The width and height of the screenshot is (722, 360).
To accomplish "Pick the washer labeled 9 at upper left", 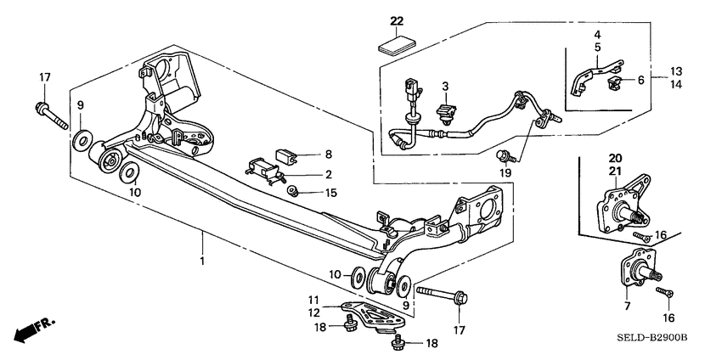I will [81, 138].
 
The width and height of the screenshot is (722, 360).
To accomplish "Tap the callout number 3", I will [443, 86].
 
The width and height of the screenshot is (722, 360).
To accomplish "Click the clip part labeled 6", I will [616, 82].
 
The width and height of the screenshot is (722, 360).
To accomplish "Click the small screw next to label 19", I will [505, 155].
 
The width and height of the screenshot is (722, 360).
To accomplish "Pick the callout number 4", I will [596, 35].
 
